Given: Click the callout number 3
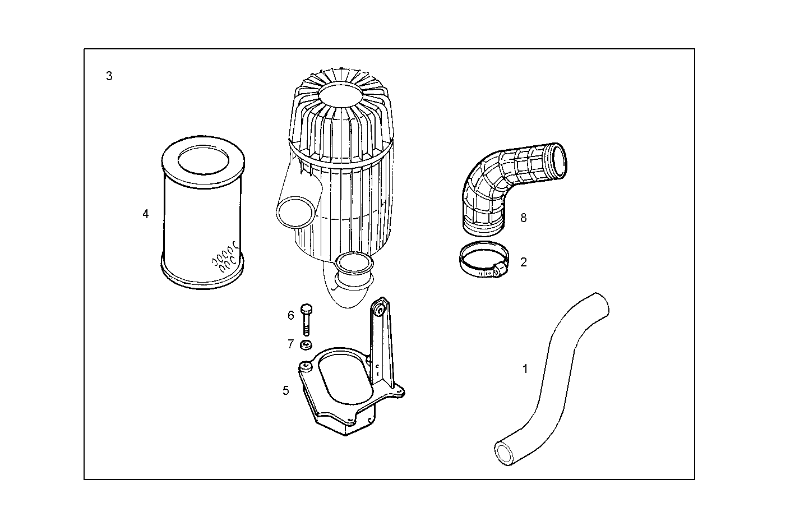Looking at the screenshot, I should [109, 76].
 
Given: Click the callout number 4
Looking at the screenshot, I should [146, 214].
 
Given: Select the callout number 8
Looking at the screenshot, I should [523, 218].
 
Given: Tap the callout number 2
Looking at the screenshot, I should [523, 262].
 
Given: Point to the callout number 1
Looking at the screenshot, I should [525, 369].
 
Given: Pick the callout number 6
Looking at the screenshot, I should [290, 316].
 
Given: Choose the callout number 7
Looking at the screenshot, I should [290, 344].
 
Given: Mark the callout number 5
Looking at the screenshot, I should [286, 390].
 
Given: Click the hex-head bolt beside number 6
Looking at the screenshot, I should [306, 319].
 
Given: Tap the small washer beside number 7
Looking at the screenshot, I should [306, 345].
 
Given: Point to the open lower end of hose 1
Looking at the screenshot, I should [507, 451].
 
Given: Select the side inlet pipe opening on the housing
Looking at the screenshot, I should [295, 212].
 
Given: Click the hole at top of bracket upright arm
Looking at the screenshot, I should [381, 310].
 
